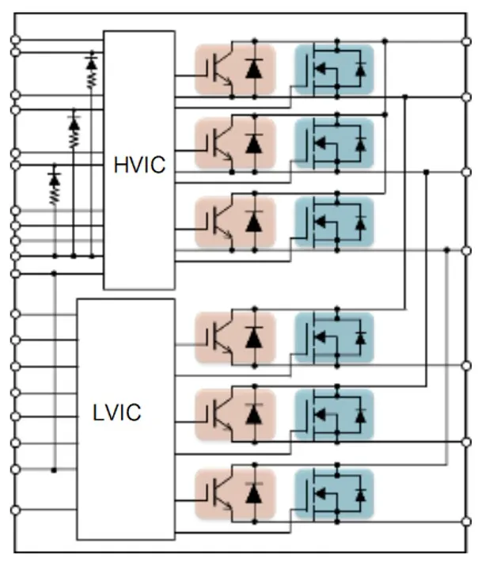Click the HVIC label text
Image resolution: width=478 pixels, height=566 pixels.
[x=139, y=165]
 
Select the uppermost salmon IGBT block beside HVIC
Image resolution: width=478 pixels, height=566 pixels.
[x=235, y=70]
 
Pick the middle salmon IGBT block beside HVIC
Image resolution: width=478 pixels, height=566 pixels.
[x=235, y=144]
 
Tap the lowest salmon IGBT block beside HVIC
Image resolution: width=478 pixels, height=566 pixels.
[x=235, y=221]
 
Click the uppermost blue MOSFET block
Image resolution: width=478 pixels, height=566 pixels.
[x=333, y=70]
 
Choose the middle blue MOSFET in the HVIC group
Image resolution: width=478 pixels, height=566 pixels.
[x=333, y=144]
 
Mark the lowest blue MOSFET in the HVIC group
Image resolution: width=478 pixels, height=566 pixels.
[x=333, y=221]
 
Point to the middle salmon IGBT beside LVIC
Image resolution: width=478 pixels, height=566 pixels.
[x=235, y=413]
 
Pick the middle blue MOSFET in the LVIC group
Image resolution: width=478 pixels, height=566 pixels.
[x=333, y=413]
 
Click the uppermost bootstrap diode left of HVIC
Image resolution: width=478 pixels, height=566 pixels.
[x=92, y=61]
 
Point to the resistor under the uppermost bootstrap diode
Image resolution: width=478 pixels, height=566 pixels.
[x=92, y=78]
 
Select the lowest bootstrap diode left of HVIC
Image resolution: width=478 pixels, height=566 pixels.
[x=55, y=180]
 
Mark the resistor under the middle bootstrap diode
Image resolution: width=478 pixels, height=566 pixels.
[x=74, y=139]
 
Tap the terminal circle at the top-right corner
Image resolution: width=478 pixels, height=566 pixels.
[x=465, y=39]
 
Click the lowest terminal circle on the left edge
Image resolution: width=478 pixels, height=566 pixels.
[x=13, y=511]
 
